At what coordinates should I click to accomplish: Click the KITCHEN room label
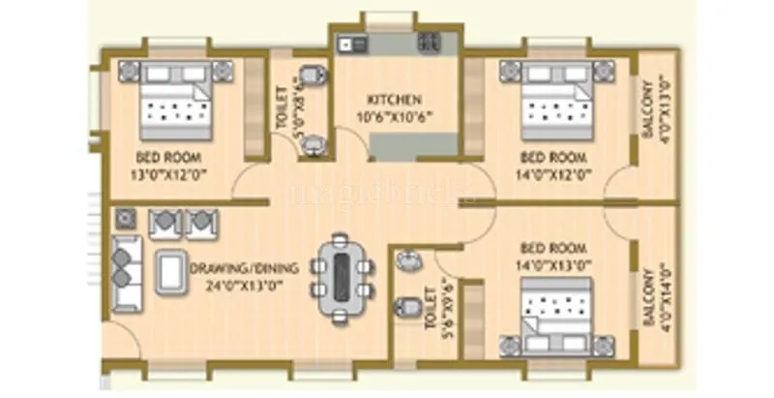394,100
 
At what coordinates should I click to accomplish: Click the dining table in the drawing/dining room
342,277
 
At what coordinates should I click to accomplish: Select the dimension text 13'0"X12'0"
171,173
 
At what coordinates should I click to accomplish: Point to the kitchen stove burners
428,43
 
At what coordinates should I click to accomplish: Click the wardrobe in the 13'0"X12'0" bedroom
254,108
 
